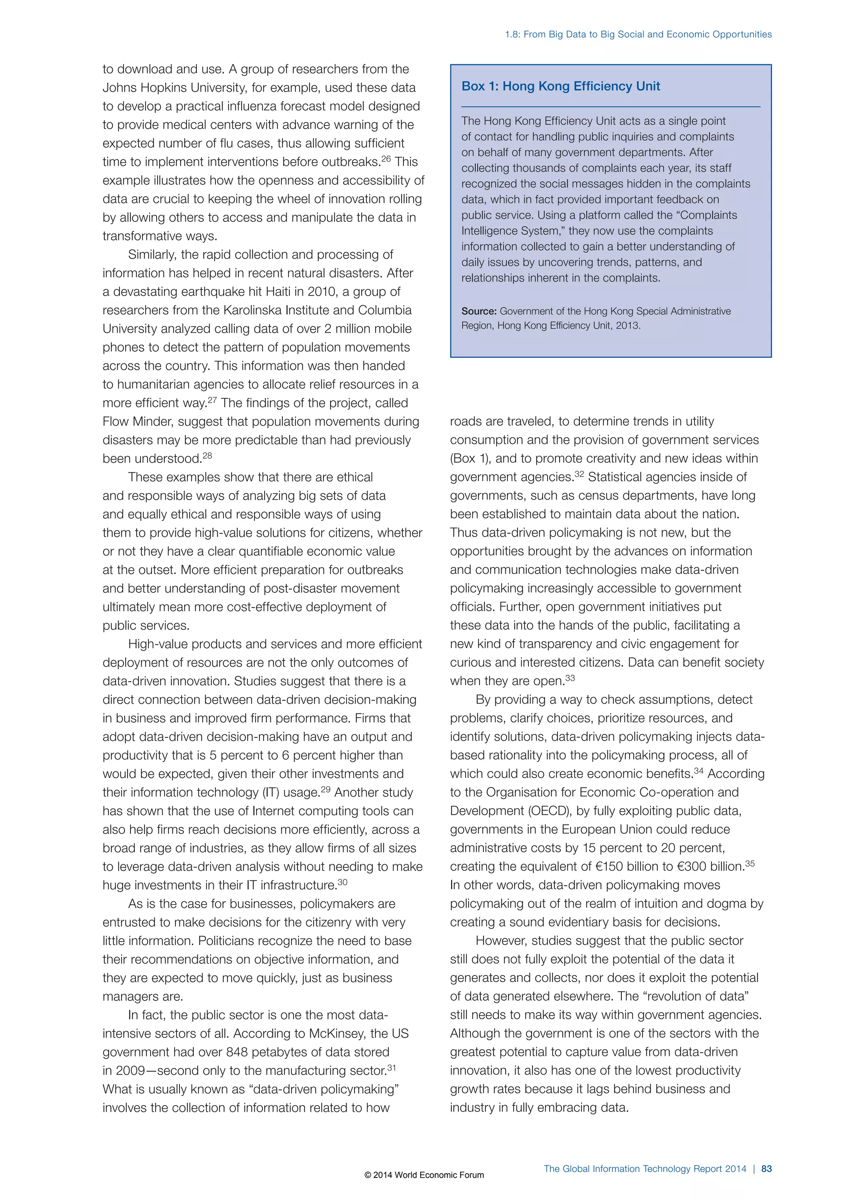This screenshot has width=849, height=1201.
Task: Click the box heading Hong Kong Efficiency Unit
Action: tap(560, 86)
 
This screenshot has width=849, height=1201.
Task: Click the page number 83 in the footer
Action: tap(767, 1169)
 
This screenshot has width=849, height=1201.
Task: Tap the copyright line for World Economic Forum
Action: tap(424, 1175)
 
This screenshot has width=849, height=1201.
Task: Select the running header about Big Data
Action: tap(638, 34)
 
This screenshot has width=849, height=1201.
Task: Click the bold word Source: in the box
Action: tap(478, 311)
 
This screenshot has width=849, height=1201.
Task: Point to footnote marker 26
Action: tap(386, 158)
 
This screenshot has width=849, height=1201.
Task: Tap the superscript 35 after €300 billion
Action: tap(750, 863)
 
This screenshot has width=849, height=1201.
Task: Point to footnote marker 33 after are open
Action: tap(570, 678)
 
